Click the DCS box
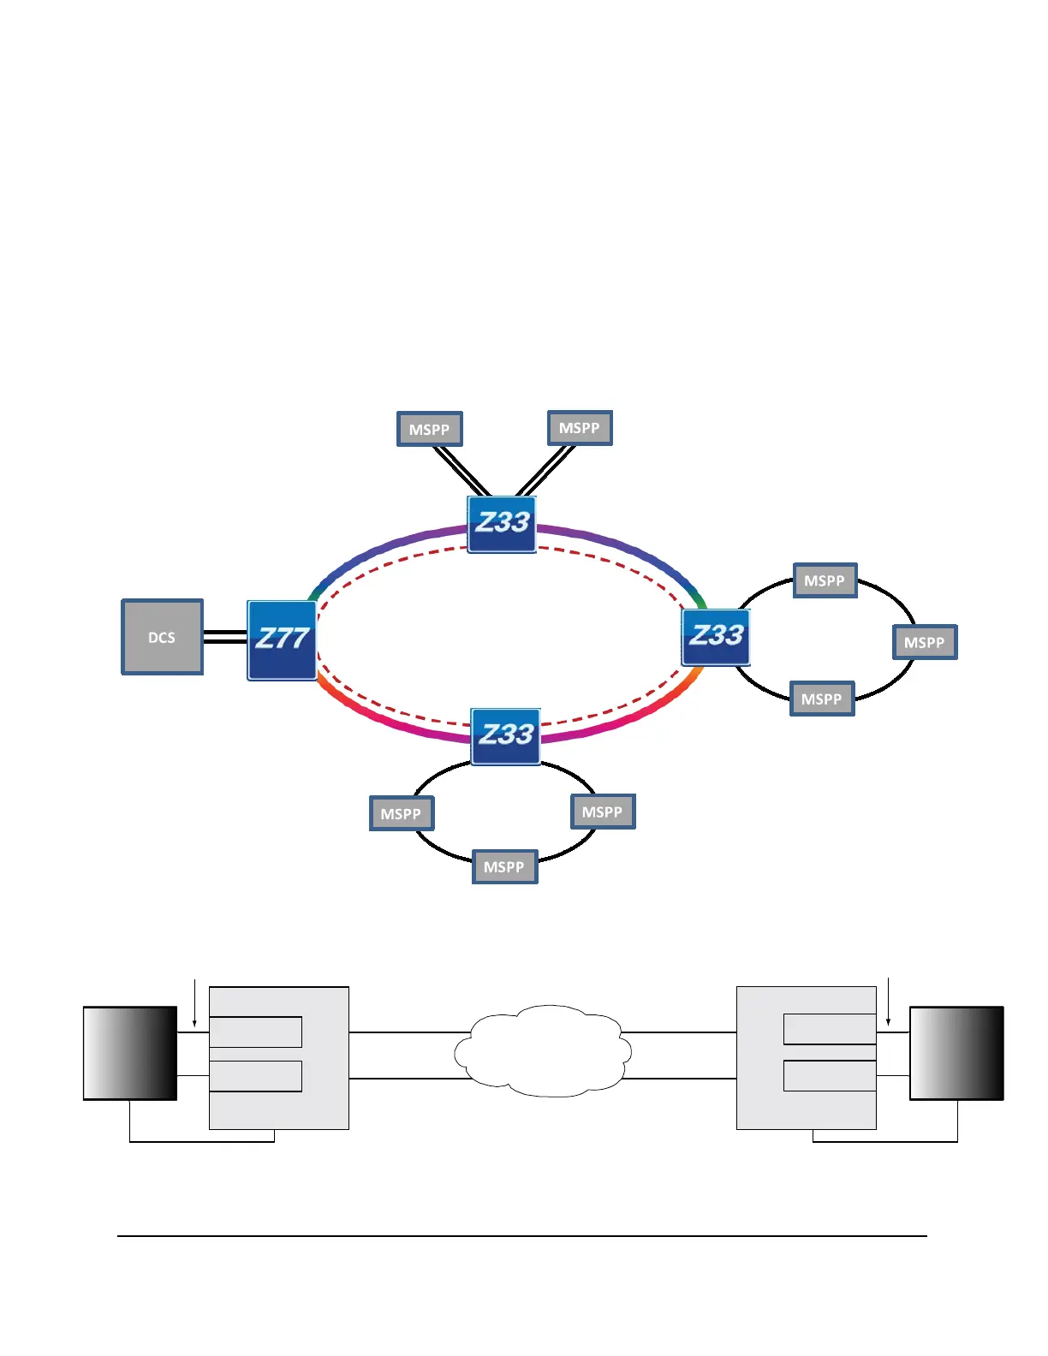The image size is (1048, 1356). [x=163, y=637]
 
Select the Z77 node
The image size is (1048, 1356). [x=282, y=639]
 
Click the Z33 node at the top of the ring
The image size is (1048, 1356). [x=502, y=524]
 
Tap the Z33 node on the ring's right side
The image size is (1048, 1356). [x=716, y=637]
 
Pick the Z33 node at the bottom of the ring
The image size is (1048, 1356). [x=506, y=735]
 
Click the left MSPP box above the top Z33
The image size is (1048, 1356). [x=430, y=429]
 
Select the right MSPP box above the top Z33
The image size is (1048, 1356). [x=580, y=428]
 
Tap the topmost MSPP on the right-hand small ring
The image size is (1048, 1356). [x=825, y=580]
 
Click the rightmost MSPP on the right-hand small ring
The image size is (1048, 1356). [x=925, y=642]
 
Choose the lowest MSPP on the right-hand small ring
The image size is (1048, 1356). [x=822, y=699]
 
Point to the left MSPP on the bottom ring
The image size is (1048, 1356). [x=402, y=813]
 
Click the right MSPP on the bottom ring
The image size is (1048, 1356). [x=603, y=812]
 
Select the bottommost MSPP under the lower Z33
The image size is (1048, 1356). [x=504, y=866]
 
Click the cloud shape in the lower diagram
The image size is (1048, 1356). [x=543, y=1050]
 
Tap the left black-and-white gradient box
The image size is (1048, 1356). [x=130, y=1053]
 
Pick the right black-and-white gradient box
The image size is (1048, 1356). [x=956, y=1053]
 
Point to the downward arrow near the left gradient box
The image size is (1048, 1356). [x=195, y=1002]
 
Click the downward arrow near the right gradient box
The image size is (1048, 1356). [x=889, y=1002]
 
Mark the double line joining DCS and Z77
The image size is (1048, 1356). [x=225, y=637]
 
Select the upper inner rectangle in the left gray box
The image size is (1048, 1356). [x=256, y=1032]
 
